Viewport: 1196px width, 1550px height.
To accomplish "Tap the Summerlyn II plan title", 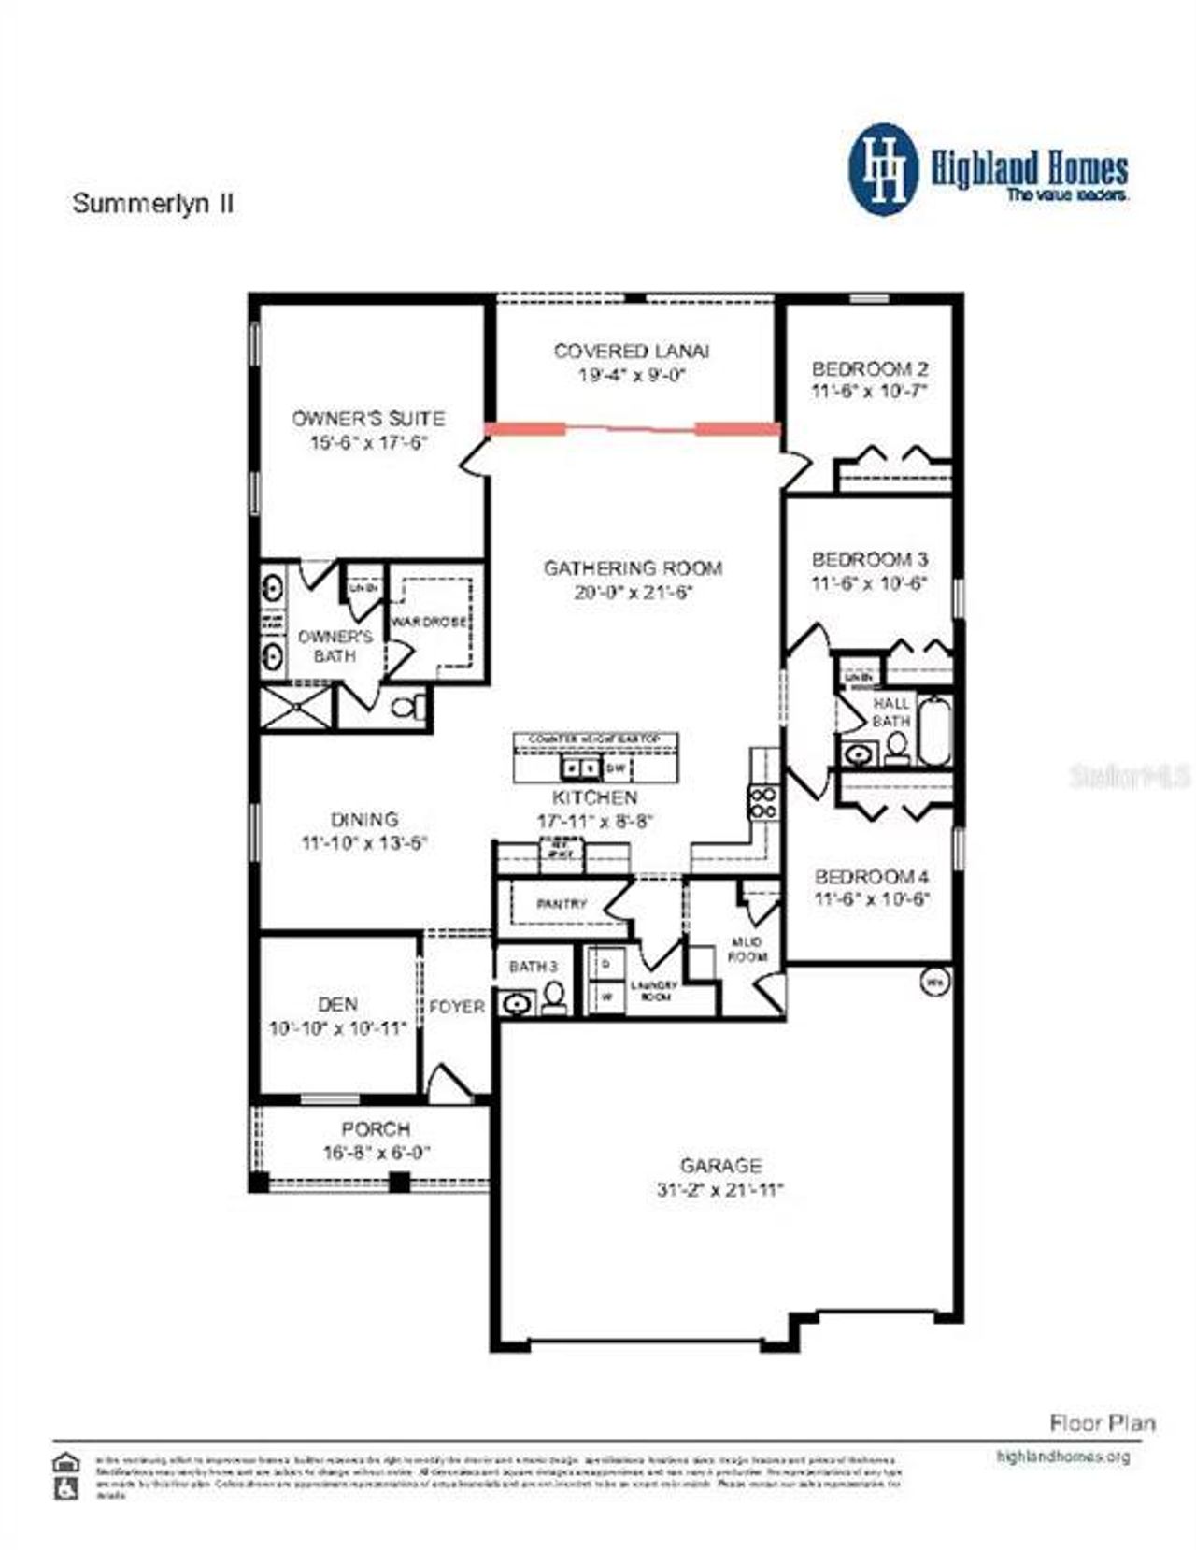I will click(152, 204).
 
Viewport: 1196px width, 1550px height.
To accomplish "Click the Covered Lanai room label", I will click(631, 352).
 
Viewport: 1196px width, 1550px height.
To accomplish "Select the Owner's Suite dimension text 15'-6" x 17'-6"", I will click(368, 442).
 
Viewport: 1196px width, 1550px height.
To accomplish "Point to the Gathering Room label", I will click(633, 567).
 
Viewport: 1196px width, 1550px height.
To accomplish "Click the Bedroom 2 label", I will click(869, 368).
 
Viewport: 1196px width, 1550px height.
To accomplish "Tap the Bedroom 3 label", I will click(869, 559).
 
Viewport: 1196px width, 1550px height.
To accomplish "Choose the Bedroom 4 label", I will click(871, 877).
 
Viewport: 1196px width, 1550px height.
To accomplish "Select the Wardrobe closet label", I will click(429, 622).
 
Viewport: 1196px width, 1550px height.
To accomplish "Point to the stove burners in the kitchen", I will click(762, 803).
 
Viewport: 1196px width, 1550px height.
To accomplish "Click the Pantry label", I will click(562, 904).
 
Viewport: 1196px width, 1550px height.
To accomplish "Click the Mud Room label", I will click(747, 949).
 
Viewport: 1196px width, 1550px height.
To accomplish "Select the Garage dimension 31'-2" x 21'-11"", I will click(719, 1190).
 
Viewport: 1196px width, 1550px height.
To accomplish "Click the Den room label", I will click(337, 1004).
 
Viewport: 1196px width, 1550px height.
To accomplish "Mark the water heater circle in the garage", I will click(933, 982).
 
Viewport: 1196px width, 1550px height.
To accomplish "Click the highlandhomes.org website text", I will click(1062, 1457).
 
